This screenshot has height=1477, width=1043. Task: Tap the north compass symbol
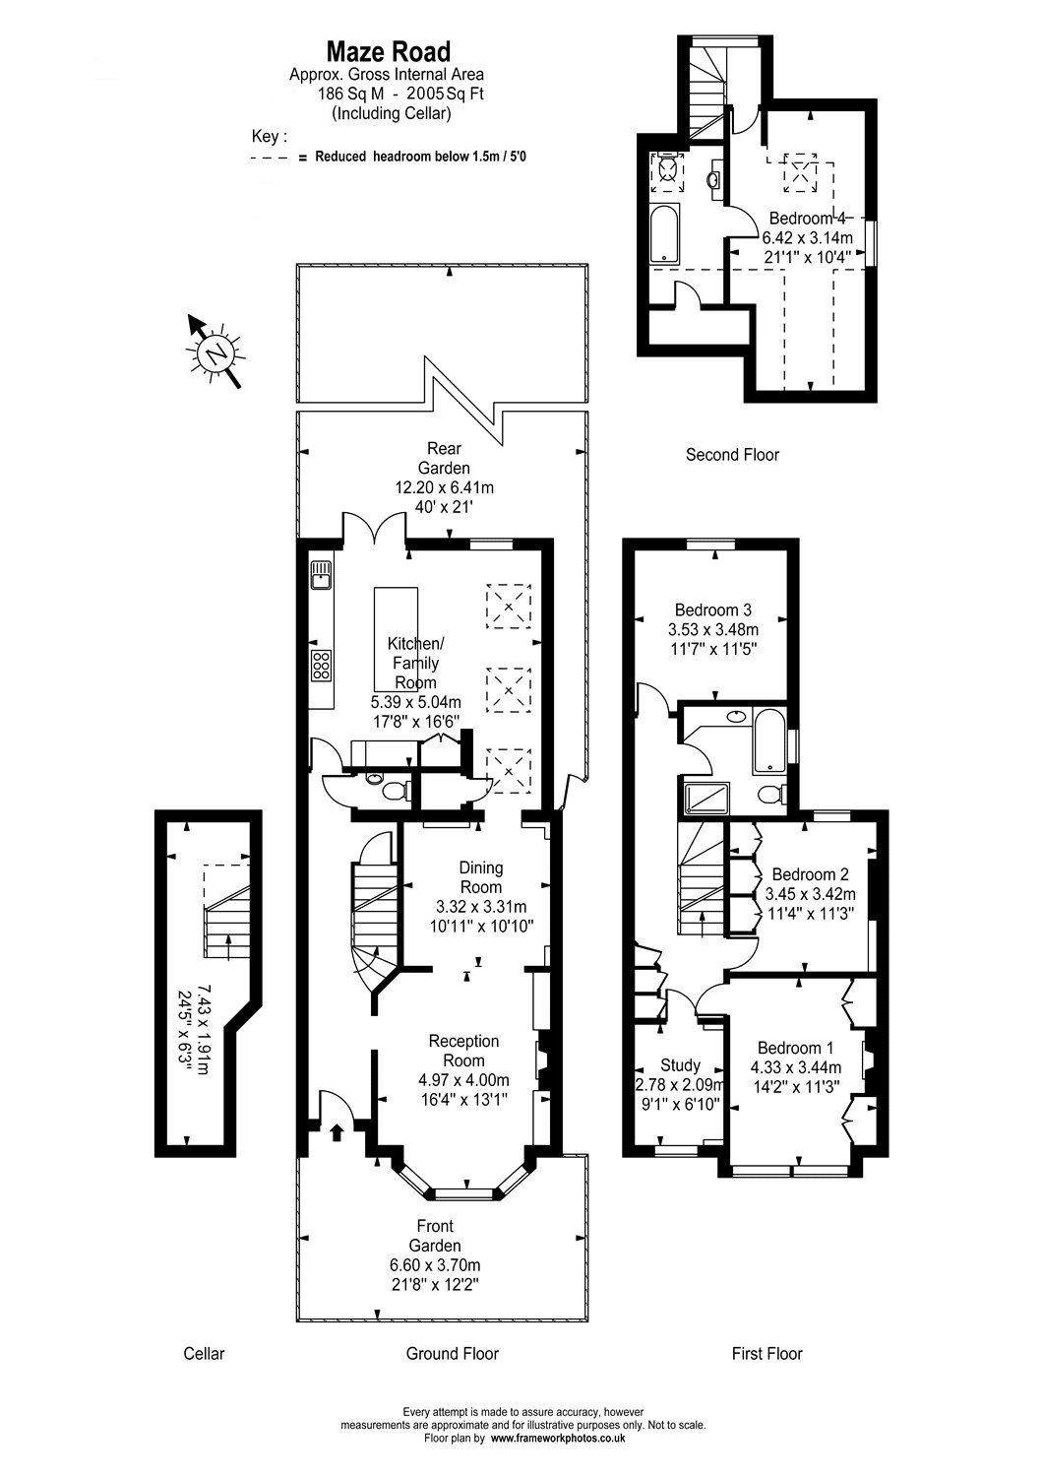point(215,352)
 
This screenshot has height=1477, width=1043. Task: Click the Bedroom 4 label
point(808,218)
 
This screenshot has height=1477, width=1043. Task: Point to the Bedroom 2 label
point(810,874)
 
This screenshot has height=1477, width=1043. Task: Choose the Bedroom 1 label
point(795,1048)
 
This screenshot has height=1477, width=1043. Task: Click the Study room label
point(680,1064)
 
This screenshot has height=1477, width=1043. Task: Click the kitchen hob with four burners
point(322,666)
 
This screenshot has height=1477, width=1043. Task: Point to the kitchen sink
point(321,575)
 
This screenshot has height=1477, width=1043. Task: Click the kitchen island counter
point(396,638)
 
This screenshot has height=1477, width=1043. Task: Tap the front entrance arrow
point(337,1131)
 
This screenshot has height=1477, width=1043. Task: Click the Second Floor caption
point(732,454)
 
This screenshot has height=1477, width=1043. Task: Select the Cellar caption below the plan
point(204,1353)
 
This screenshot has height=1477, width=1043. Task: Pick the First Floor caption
point(767,1353)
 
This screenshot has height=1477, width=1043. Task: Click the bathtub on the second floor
point(665,234)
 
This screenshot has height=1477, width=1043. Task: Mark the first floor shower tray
point(705,798)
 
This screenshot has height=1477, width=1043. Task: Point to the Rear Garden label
point(444,459)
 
